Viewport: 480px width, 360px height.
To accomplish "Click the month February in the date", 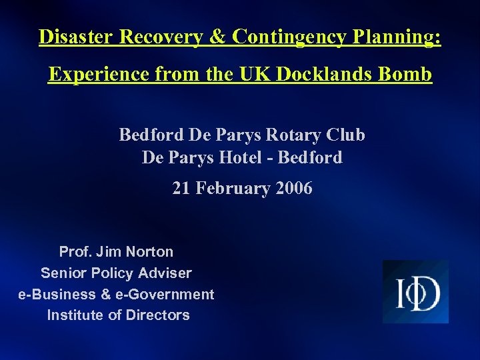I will [x=231, y=189].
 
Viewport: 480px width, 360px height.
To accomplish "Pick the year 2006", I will [x=293, y=189].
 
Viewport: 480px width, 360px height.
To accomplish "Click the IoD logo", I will [x=415, y=292].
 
